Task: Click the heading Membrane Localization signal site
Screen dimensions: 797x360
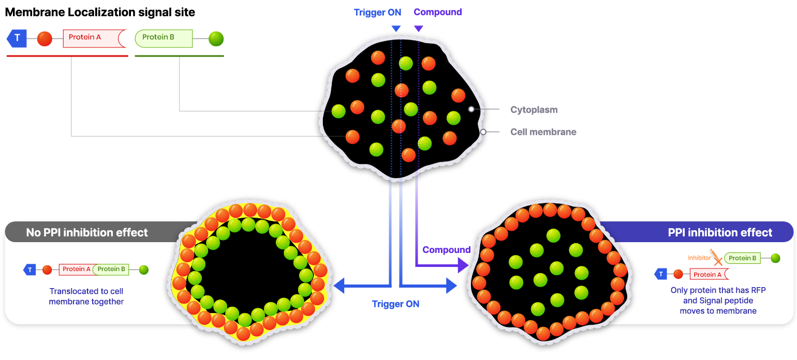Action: coord(100,12)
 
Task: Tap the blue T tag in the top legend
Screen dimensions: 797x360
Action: coord(17,38)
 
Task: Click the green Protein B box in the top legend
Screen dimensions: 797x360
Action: coord(164,38)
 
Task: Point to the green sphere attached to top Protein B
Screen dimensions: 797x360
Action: coord(216,39)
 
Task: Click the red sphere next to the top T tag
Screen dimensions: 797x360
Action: coord(45,39)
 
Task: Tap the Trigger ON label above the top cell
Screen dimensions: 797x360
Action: coord(377,12)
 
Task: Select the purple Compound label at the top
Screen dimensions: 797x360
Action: coord(438,12)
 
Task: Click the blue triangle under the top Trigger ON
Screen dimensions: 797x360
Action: coord(396,28)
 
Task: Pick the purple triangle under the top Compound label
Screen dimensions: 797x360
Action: coord(418,28)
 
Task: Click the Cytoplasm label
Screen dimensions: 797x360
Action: coord(534,110)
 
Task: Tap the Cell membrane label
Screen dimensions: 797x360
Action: coord(543,132)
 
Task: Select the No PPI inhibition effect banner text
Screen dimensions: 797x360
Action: coord(87,232)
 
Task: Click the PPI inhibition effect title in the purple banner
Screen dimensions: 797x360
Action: coord(720,232)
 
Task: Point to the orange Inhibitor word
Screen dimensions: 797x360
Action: coord(699,258)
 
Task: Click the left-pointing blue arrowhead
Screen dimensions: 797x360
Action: coord(339,286)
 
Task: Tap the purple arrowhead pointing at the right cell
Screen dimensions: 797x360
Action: coord(463,265)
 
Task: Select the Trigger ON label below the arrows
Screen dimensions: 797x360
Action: coord(395,304)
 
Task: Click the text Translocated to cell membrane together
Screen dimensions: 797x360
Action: coord(86,296)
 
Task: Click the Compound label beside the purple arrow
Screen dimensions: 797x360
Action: coord(447,250)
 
